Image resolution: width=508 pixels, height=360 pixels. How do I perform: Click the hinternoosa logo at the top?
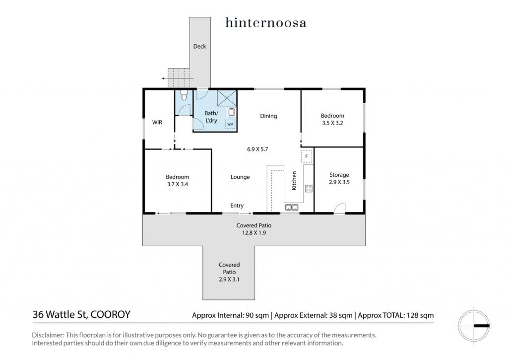tap(266, 23)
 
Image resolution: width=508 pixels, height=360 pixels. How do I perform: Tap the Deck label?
tap(199, 46)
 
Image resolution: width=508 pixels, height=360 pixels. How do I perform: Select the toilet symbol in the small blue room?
tap(184, 95)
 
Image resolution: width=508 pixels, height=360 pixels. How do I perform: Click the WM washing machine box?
tap(230, 124)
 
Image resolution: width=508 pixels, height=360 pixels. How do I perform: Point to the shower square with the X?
tap(227, 98)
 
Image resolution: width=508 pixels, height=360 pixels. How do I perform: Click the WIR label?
tap(157, 122)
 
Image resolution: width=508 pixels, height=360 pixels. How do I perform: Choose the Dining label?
tap(268, 116)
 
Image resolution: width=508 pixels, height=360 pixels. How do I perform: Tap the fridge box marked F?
tap(307, 156)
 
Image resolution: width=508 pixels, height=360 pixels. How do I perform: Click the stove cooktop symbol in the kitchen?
tap(309, 188)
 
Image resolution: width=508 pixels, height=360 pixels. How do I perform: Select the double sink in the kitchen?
tap(292, 207)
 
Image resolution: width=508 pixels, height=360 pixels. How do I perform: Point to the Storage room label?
tap(339, 175)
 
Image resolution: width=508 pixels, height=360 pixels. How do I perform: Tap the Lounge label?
tap(240, 177)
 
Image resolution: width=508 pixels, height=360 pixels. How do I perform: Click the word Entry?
tap(237, 205)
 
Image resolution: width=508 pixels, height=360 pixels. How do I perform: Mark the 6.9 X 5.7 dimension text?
tap(257, 149)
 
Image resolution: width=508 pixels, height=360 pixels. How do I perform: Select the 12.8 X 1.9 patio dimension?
tap(254, 232)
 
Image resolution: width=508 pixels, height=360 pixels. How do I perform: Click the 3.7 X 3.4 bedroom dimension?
tap(178, 184)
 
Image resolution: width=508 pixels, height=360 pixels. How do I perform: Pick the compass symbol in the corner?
tap(474, 325)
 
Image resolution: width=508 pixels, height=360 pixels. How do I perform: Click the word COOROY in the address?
tap(111, 315)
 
